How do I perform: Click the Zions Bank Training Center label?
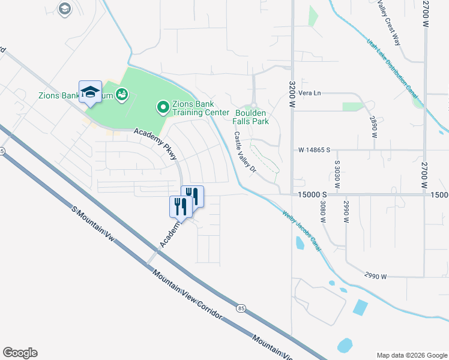pos(200,108)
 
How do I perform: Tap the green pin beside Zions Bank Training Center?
pos(162,108)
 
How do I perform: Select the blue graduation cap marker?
pos(90,92)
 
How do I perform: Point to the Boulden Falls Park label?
pos(252,116)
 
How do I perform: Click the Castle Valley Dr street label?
pos(245,152)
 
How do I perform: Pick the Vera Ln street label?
pos(310,93)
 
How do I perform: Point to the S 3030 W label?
pos(337,175)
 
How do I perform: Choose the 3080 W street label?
pos(322,212)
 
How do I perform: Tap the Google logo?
pos(20,353)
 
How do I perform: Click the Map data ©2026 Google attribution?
pos(411,355)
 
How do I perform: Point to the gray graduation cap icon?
pos(64,8)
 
